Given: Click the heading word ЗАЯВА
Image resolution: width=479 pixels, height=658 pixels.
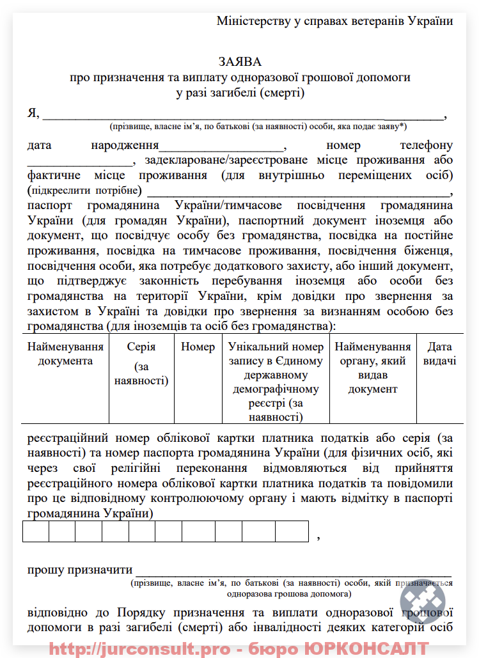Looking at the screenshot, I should pyautogui.click(x=240, y=61).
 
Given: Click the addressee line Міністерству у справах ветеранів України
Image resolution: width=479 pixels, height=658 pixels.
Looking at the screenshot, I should pyautogui.click(x=334, y=20).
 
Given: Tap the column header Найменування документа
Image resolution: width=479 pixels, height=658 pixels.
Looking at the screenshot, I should pyautogui.click(x=65, y=354).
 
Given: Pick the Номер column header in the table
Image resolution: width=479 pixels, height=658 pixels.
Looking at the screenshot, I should pyautogui.click(x=198, y=347).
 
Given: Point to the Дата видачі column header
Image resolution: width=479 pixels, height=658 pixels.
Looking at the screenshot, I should pyautogui.click(x=439, y=354).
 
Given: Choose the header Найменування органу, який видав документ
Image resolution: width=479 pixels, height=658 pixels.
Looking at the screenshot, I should pyautogui.click(x=373, y=368).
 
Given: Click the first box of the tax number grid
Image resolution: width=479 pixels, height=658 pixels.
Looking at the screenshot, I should pyautogui.click(x=36, y=531).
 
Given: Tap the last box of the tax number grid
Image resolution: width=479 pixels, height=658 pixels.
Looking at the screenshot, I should pyautogui.click(x=292, y=531).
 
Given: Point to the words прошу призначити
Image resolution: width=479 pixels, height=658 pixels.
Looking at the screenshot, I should pyautogui.click(x=80, y=570).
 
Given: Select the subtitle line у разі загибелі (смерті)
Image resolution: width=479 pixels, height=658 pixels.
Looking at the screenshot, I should pyautogui.click(x=240, y=93).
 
